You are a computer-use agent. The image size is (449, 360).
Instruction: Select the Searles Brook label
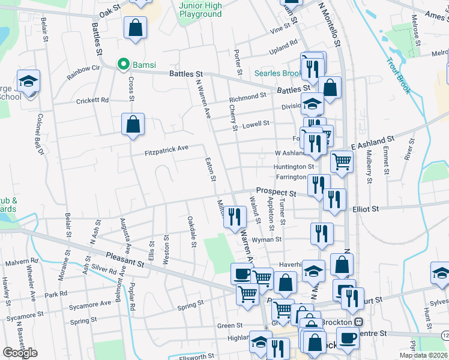(278, 73)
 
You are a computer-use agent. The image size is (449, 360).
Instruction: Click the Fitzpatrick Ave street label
(167, 149)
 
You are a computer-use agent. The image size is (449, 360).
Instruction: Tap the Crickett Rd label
(92, 101)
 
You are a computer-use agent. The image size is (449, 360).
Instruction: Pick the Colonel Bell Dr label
(41, 134)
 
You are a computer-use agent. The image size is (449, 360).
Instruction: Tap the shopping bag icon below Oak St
(136, 26)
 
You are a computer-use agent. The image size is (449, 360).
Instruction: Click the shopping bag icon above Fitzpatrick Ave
(133, 124)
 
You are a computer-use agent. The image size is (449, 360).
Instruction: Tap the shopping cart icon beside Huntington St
(342, 161)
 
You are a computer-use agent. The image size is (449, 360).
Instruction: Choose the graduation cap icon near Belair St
(28, 80)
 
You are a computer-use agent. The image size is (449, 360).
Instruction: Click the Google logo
(20, 353)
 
